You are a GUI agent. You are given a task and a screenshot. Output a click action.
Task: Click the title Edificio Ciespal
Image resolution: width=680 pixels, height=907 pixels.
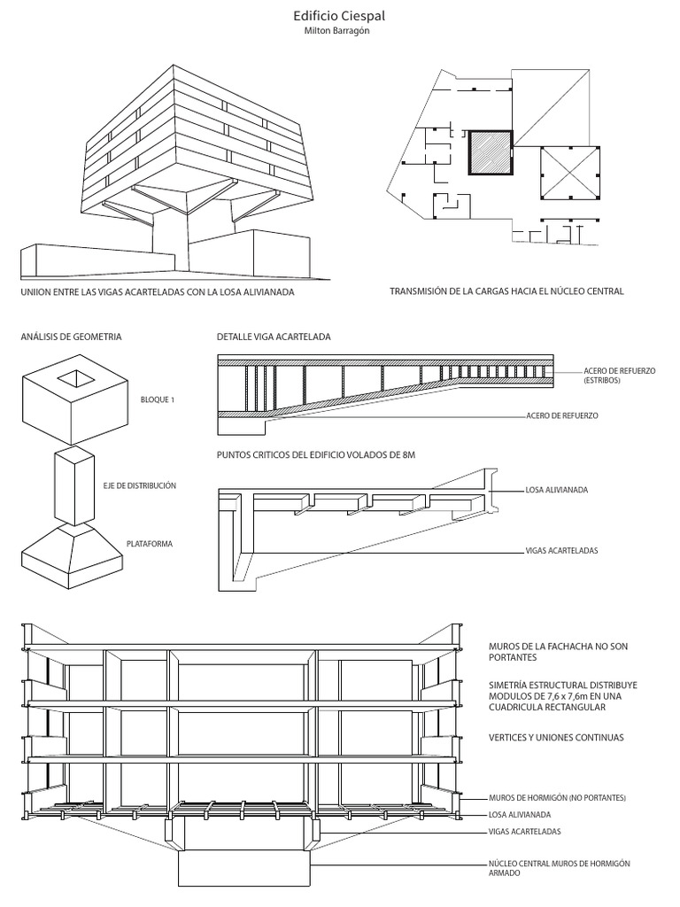click(339, 16)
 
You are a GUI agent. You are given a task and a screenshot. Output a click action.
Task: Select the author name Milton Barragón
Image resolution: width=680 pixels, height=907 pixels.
click(339, 32)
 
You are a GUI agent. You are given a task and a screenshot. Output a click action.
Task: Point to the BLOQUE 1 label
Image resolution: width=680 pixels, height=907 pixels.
click(158, 399)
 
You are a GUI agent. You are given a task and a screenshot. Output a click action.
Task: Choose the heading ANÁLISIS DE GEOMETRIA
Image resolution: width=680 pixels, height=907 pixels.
click(72, 337)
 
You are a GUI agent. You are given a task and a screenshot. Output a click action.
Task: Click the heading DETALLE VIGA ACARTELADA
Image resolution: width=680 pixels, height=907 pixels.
click(274, 337)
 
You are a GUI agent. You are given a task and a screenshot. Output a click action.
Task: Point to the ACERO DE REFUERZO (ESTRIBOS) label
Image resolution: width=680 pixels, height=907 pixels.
click(619, 375)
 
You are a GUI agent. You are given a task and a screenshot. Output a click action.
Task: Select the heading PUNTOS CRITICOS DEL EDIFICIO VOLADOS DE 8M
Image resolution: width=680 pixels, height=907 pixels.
click(315, 455)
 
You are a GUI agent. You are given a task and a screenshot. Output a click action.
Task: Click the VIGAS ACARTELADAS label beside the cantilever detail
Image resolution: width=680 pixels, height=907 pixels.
click(562, 550)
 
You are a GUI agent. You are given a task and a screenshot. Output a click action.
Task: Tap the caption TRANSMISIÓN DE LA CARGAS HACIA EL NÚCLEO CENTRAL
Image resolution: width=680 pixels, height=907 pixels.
click(506, 290)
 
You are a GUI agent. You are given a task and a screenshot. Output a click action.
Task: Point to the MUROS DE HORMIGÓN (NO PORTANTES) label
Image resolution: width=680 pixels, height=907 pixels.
click(557, 798)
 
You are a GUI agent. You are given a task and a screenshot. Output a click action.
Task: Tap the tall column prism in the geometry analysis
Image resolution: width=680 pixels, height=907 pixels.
click(73, 487)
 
